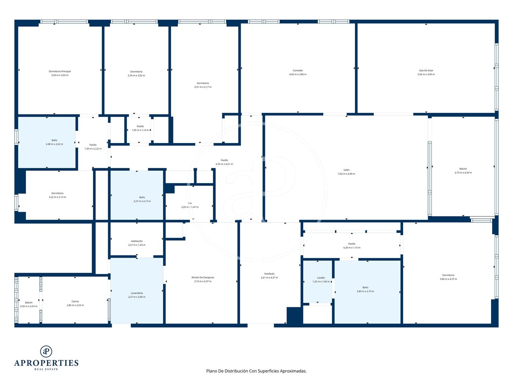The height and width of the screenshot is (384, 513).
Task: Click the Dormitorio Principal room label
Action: pyautogui.click(x=60, y=71)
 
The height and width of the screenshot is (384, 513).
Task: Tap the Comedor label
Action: pyautogui.click(x=298, y=71)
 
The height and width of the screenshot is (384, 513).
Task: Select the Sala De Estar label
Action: pyautogui.click(x=426, y=71)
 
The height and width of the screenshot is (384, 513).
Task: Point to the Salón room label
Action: pyautogui.click(x=346, y=170)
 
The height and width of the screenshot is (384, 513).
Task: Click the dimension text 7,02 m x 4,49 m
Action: pyautogui.click(x=346, y=174)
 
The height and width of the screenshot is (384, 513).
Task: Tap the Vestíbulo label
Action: pyautogui.click(x=269, y=274)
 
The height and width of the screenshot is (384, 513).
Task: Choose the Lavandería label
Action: pyautogui.click(x=137, y=293)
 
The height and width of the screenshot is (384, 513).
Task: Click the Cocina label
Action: pyautogui.click(x=75, y=301)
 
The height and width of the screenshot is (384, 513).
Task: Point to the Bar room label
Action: pyautogui.click(x=190, y=203)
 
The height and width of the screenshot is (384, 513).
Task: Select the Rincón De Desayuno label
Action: pyautogui.click(x=203, y=278)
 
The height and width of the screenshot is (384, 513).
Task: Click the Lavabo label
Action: pyautogui.click(x=321, y=278)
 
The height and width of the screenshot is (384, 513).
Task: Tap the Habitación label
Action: pyautogui.click(x=137, y=241)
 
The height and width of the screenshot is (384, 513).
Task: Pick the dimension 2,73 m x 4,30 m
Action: pyautogui.click(x=463, y=173)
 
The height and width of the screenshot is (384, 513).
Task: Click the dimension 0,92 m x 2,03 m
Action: pyautogui.click(x=29, y=306)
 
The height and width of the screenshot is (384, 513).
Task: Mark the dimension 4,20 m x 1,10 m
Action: pyautogui.click(x=352, y=248)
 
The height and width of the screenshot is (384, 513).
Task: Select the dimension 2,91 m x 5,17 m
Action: pyautogui.click(x=203, y=87)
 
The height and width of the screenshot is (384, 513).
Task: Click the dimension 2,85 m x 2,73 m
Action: pyautogui.click(x=365, y=291)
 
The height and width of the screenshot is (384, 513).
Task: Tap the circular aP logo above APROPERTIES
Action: pyautogui.click(x=46, y=351)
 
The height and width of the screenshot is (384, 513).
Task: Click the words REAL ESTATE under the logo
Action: pyautogui.click(x=46, y=369)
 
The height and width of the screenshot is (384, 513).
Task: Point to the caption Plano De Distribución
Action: pyautogui.click(x=227, y=371)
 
